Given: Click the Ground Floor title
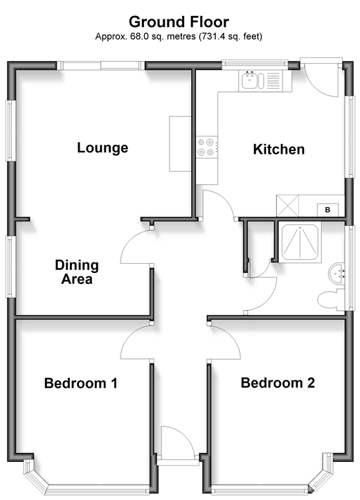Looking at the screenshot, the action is click(179, 22).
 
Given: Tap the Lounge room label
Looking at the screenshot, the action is click(102, 148).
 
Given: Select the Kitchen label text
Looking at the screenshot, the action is click(279, 149).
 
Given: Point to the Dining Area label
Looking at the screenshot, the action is click(77, 272).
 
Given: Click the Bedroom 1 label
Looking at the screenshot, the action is click(81, 383).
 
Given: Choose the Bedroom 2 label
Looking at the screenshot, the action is click(278, 383).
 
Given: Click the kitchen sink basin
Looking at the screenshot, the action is click(250, 80).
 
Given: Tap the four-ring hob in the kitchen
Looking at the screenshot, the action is click(206, 147).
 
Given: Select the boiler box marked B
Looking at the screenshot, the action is click(327, 210).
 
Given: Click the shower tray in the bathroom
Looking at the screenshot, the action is click(300, 242).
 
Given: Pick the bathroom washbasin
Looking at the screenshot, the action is click(336, 274).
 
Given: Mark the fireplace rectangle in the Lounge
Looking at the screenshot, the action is click(180, 144).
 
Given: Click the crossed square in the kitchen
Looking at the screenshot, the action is click(287, 206).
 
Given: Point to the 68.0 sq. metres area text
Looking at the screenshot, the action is click(163, 37).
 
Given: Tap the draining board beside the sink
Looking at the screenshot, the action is click(273, 80).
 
